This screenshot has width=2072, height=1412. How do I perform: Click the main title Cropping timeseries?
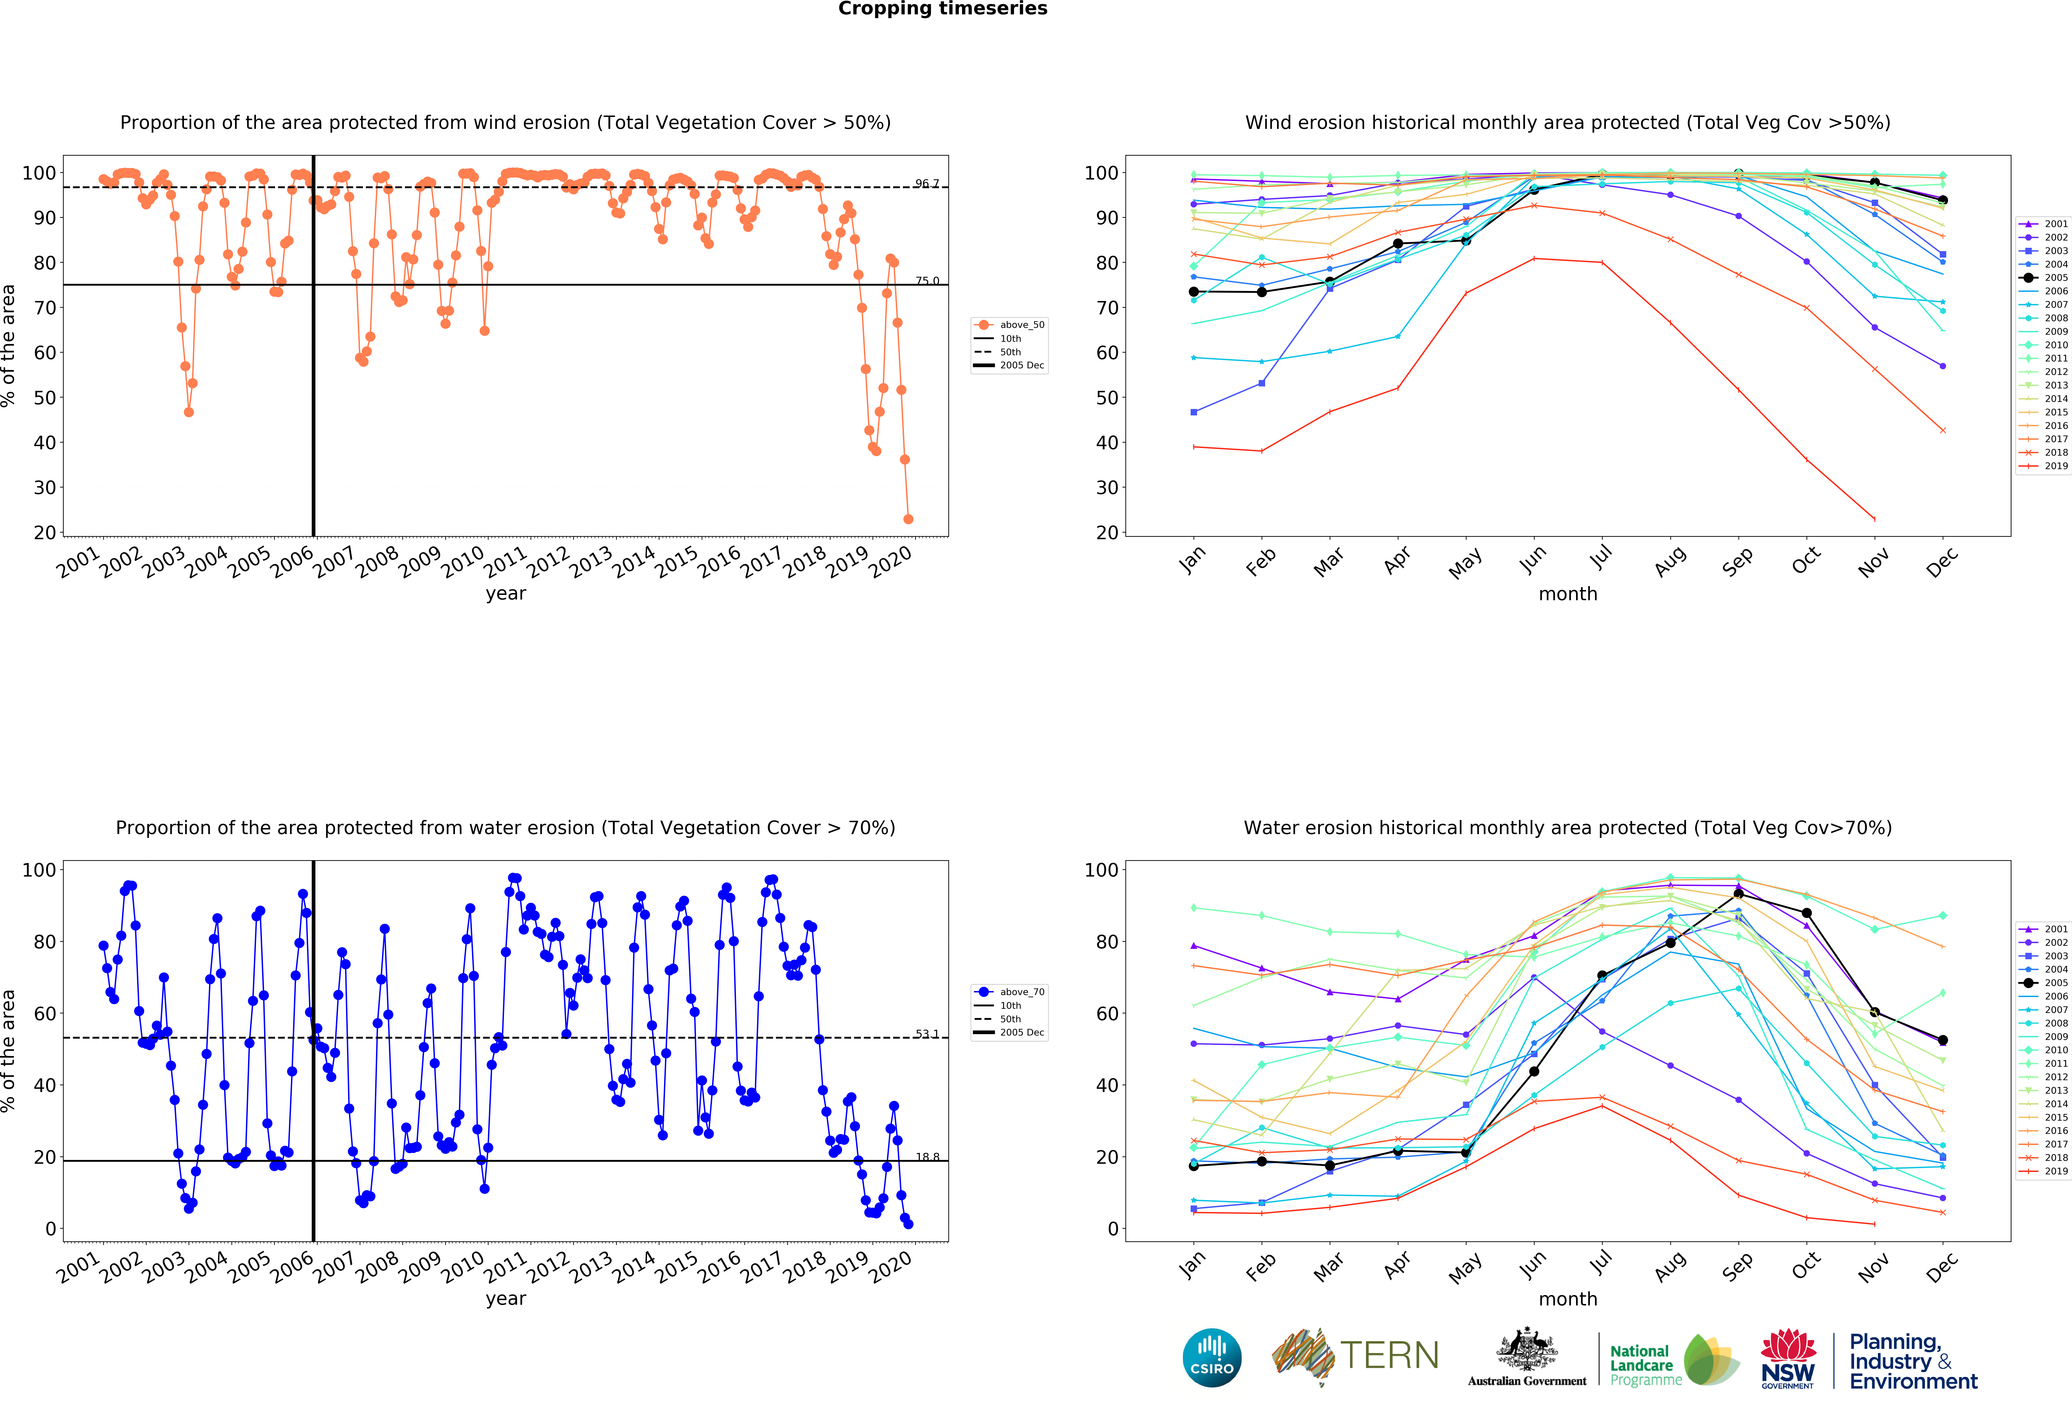tap(942, 9)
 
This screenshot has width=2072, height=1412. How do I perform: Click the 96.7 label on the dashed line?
tap(926, 184)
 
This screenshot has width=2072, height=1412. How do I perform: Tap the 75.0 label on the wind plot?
tap(926, 281)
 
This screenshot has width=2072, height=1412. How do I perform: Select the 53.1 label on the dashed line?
tap(926, 1034)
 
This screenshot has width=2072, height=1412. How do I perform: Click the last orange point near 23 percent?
tap(908, 519)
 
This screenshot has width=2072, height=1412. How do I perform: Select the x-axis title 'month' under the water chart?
tap(1567, 1299)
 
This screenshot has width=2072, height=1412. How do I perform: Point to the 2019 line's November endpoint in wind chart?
tap(1874, 519)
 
